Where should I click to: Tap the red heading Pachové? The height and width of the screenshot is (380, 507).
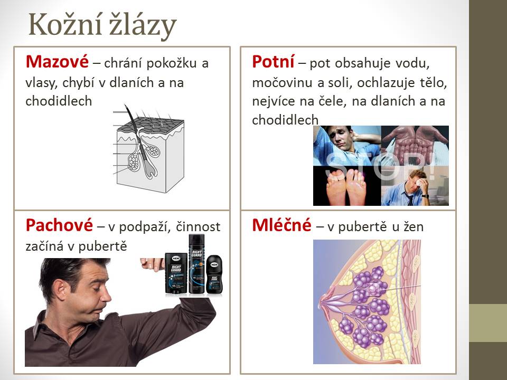59,225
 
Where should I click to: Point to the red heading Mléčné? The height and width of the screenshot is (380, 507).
281,225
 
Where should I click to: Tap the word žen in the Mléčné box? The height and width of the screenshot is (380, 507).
413,227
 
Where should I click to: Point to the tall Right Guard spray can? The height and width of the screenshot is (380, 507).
196,264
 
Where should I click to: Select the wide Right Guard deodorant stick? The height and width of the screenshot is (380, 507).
176,273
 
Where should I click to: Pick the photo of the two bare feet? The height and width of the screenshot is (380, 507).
347,186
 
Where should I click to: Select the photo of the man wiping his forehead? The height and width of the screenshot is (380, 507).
415,186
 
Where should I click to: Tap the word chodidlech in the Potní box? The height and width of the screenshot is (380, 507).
285,120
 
